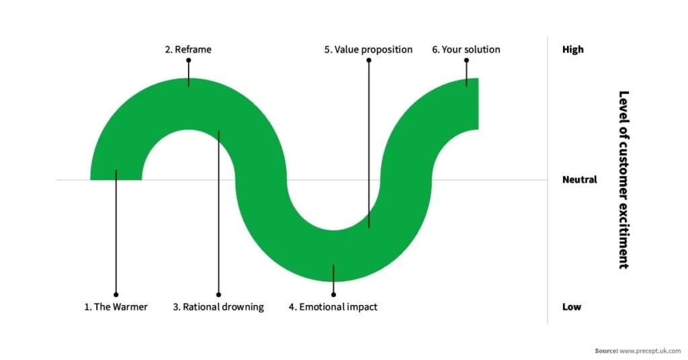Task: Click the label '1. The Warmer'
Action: click(x=116, y=307)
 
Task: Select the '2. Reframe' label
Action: click(x=188, y=49)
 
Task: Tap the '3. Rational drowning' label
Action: click(x=218, y=307)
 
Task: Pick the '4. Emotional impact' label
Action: click(x=333, y=307)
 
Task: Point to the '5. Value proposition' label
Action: click(x=368, y=49)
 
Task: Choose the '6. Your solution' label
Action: click(x=466, y=49)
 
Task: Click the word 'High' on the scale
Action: click(x=572, y=49)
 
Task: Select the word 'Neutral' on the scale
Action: click(x=579, y=179)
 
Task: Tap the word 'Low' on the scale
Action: click(x=571, y=307)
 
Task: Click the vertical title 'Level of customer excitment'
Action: click(x=623, y=179)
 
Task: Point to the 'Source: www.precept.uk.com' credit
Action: click(x=638, y=351)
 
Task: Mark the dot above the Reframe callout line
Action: click(x=189, y=60)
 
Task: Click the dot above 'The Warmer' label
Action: click(x=116, y=294)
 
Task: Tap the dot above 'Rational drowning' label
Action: click(x=218, y=294)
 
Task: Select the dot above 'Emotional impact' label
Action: click(x=333, y=294)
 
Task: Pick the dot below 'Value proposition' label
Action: click(x=369, y=60)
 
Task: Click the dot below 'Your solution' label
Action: click(x=466, y=60)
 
